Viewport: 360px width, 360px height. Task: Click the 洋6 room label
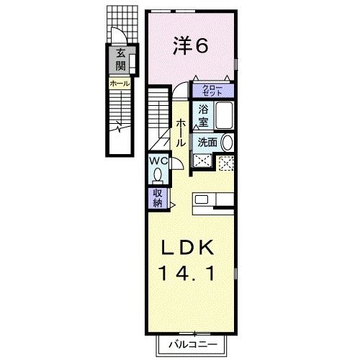pyautogui.click(x=191, y=46)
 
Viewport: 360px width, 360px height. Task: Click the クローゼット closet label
pyautogui.click(x=212, y=91)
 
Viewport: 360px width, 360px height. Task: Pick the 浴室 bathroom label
pyautogui.click(x=203, y=117)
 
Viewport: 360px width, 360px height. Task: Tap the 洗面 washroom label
pyautogui.click(x=207, y=143)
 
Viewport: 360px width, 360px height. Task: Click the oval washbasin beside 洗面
pyautogui.click(x=227, y=143)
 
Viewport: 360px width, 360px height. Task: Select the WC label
pyautogui.click(x=158, y=161)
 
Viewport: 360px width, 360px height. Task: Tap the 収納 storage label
pyautogui.click(x=158, y=197)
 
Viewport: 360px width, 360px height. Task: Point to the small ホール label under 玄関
pyautogui.click(x=120, y=84)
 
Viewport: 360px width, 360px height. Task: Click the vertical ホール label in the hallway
pyautogui.click(x=181, y=134)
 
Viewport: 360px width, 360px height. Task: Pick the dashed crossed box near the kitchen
pyautogui.click(x=226, y=163)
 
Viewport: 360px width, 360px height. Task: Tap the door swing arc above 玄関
pyautogui.click(x=116, y=37)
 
